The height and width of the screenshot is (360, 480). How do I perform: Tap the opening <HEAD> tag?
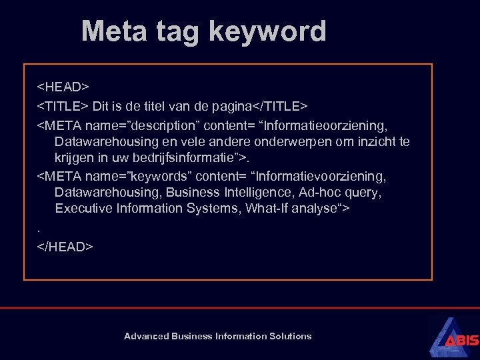tap(63, 87)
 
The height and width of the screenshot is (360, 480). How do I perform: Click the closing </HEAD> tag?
tap(65, 247)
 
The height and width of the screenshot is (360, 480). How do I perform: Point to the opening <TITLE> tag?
tap(63, 106)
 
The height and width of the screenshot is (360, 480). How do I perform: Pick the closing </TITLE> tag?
tap(280, 106)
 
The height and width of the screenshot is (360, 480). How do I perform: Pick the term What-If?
tap(268, 209)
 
